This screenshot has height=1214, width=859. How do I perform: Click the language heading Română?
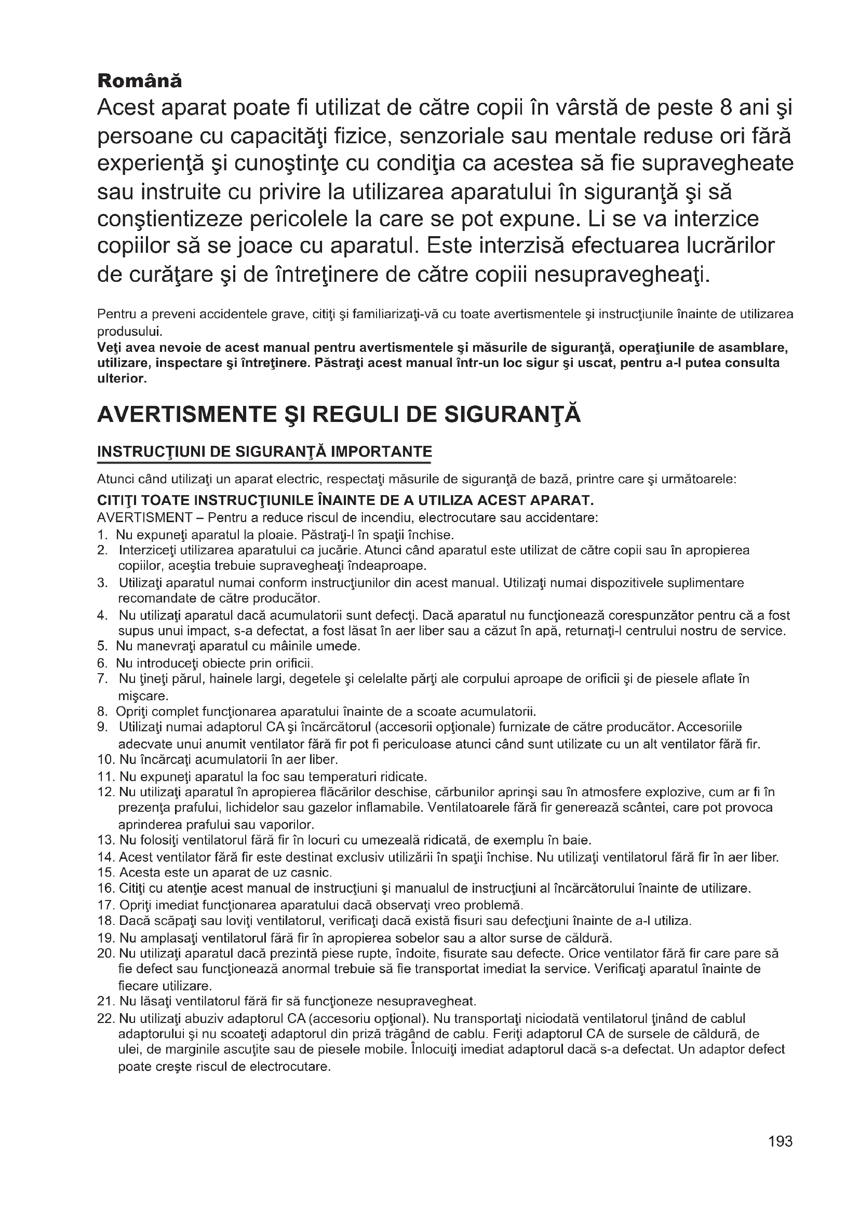[140, 81]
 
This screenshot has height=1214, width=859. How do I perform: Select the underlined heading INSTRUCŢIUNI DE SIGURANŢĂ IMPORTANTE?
[264, 452]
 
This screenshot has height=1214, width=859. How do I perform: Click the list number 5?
[102, 646]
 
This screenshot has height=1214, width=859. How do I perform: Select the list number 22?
[106, 1018]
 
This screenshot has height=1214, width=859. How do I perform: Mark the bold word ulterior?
[122, 378]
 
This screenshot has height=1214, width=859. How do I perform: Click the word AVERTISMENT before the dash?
[144, 517]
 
